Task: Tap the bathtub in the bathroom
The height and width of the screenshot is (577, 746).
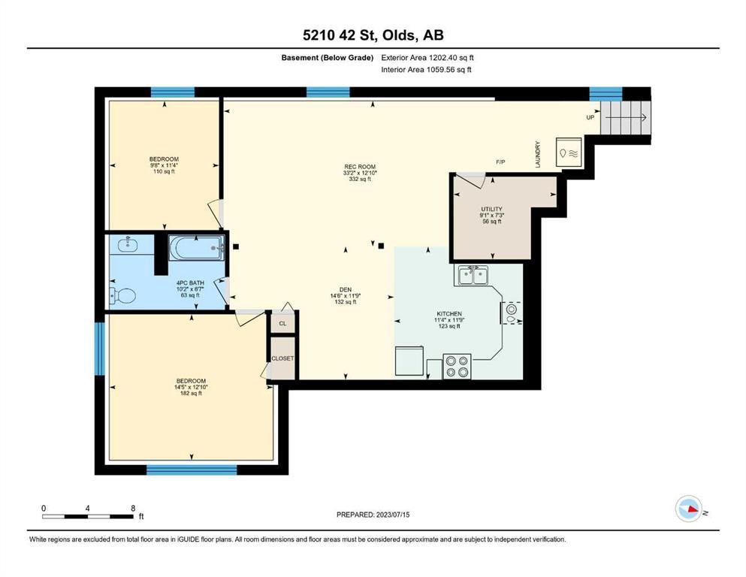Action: click(197, 248)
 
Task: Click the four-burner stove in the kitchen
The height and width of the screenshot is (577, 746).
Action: click(458, 367)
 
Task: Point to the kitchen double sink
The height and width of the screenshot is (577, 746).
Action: click(473, 275)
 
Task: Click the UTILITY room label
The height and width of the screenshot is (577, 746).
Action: click(491, 210)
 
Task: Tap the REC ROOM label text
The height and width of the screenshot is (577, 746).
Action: click(360, 167)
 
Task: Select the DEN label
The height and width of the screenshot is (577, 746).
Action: click(346, 290)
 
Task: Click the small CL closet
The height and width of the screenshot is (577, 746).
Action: click(282, 324)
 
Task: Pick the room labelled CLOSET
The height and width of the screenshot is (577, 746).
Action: click(282, 358)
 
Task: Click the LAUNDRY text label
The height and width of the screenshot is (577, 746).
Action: click(538, 154)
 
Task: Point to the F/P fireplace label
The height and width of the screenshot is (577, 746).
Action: click(500, 162)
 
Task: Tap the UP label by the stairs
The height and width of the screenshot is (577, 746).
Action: click(590, 117)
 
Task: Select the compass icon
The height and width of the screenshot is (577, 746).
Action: click(689, 509)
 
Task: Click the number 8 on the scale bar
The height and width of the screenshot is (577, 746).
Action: click(133, 508)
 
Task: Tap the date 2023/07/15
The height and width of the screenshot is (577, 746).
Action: click(393, 515)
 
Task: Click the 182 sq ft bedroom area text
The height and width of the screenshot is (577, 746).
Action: click(191, 394)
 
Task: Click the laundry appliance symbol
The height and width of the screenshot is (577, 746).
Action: click(569, 153)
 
